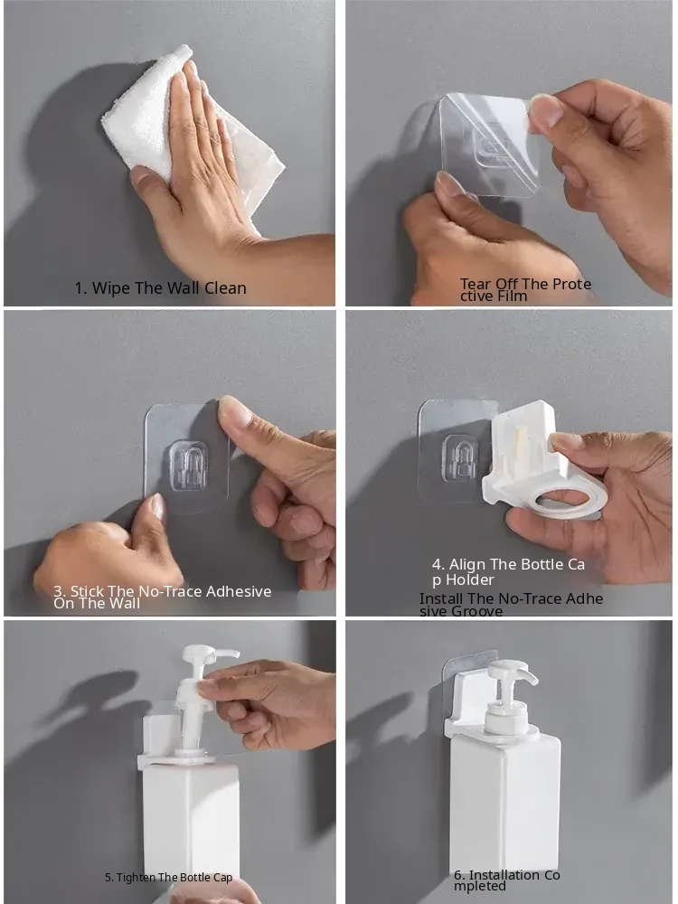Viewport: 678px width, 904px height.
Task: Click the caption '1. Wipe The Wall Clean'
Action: (x=160, y=287)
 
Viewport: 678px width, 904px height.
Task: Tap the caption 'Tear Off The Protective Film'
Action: (x=525, y=289)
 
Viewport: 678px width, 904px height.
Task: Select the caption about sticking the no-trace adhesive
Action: (x=162, y=597)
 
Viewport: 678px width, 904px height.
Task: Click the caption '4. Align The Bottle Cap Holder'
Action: (x=508, y=571)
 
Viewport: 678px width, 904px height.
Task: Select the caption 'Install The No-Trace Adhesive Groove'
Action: (x=511, y=604)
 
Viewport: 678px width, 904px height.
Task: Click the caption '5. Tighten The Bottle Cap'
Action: (x=168, y=878)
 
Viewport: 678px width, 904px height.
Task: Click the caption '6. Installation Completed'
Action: (x=507, y=880)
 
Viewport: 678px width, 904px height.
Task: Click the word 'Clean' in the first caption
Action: (x=225, y=287)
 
